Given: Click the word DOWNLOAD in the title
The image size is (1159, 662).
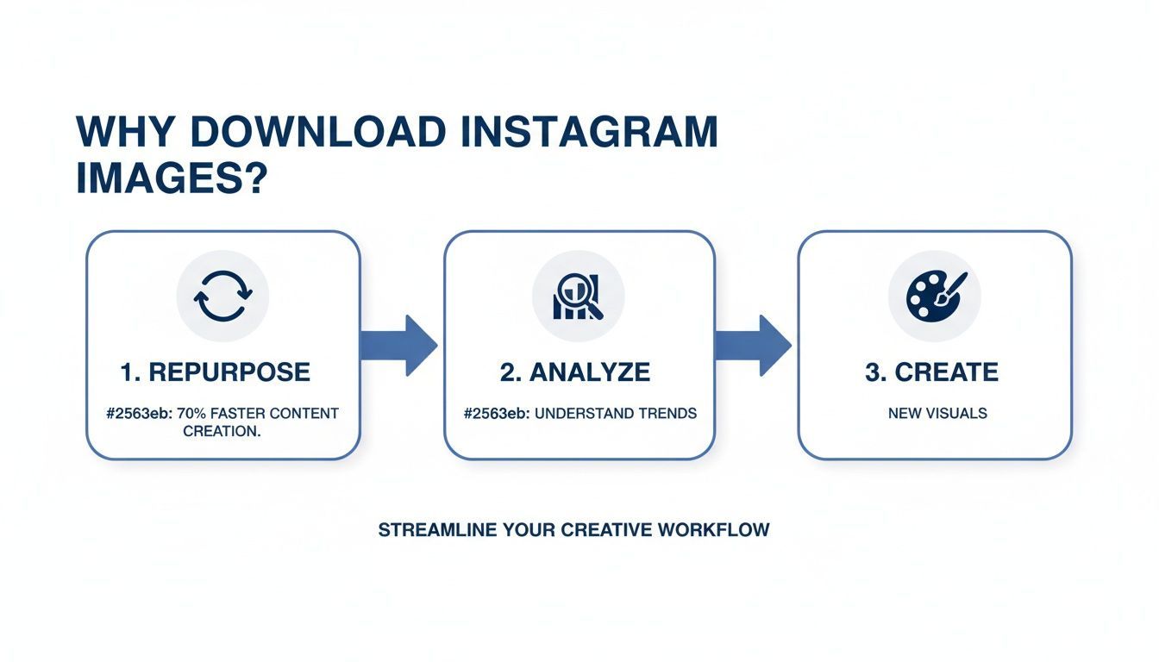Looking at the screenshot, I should (x=317, y=132).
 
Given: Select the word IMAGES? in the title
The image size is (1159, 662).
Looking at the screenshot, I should (x=170, y=179).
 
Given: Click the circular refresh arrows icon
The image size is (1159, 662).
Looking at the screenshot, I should (x=222, y=296).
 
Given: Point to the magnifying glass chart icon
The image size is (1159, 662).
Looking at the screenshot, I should (x=579, y=296).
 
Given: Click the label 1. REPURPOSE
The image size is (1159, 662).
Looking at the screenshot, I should (x=215, y=372).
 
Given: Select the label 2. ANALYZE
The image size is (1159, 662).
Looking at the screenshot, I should (x=574, y=372).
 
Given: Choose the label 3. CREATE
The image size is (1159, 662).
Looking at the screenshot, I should (x=931, y=372).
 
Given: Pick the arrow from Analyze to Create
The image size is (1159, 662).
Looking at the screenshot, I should (x=754, y=345).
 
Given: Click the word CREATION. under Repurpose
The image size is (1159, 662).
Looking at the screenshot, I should (x=222, y=431).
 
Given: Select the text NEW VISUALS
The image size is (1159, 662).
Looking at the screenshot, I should (x=937, y=414).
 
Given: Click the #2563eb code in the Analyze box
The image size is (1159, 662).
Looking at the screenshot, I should (x=495, y=414).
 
